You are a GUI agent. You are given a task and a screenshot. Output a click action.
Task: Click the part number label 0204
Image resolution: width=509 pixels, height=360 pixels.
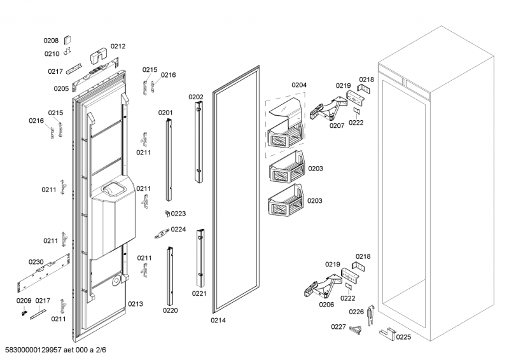pyautogui.click(x=299, y=85)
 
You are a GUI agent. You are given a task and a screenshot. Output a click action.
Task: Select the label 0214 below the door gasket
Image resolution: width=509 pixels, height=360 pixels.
pyautogui.click(x=218, y=320)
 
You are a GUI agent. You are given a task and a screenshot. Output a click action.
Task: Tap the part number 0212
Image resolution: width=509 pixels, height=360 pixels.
pyautogui.click(x=118, y=46)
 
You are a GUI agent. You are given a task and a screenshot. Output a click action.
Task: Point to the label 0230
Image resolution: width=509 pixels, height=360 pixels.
pyautogui.click(x=36, y=261)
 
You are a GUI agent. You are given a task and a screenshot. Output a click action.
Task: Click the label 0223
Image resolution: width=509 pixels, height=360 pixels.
pyautogui.click(x=179, y=214)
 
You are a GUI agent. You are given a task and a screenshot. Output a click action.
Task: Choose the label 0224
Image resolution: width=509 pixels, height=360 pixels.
pyautogui.click(x=179, y=230)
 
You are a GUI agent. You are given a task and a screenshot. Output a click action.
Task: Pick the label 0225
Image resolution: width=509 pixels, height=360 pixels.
pyautogui.click(x=403, y=337)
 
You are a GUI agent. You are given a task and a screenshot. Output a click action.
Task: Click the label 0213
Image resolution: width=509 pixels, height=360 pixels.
pyautogui.click(x=135, y=303)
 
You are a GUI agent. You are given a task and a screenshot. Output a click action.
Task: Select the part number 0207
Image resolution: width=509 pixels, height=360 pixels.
pyautogui.click(x=337, y=125)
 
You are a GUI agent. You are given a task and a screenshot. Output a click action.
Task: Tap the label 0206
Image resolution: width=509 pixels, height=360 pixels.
pyautogui.click(x=326, y=304)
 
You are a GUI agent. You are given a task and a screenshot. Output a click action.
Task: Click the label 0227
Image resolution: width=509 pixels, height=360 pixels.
pyautogui.click(x=338, y=327)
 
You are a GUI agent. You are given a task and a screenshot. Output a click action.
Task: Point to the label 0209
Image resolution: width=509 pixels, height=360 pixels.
pyautogui.click(x=24, y=300)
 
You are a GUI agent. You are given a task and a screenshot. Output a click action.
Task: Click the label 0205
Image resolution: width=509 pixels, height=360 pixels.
pyautogui.click(x=61, y=88)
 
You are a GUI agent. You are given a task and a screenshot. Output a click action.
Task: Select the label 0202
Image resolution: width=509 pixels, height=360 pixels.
pyautogui.click(x=196, y=97)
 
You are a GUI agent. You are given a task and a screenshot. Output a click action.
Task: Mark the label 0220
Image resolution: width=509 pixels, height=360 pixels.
pyautogui.click(x=170, y=311)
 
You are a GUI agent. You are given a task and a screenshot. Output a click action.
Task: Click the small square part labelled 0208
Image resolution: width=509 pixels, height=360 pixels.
pyautogui.click(x=68, y=39)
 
